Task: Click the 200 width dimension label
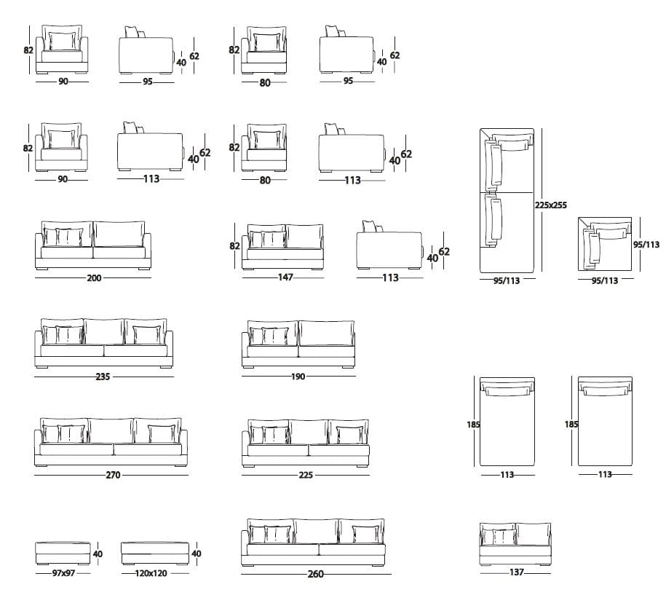[x=94, y=278]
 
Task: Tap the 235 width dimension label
[x=103, y=377]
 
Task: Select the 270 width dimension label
[x=113, y=475]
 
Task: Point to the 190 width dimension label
[x=298, y=377]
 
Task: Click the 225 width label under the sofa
[x=306, y=475]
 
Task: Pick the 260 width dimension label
[x=316, y=574]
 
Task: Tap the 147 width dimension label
[x=285, y=277]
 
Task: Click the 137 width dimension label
[x=517, y=572]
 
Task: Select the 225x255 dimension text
[x=551, y=205]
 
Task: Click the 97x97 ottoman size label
[x=63, y=573]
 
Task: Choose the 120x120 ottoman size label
[x=151, y=573]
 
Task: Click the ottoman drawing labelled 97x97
[x=63, y=553]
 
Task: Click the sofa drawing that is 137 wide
[x=515, y=544]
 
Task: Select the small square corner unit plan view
[x=605, y=244]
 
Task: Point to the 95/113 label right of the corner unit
[x=646, y=245]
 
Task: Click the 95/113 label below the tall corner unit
[x=507, y=280]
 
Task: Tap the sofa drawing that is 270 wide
[x=111, y=442]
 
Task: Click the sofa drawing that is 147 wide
[x=283, y=246]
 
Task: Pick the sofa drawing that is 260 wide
[x=314, y=543]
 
